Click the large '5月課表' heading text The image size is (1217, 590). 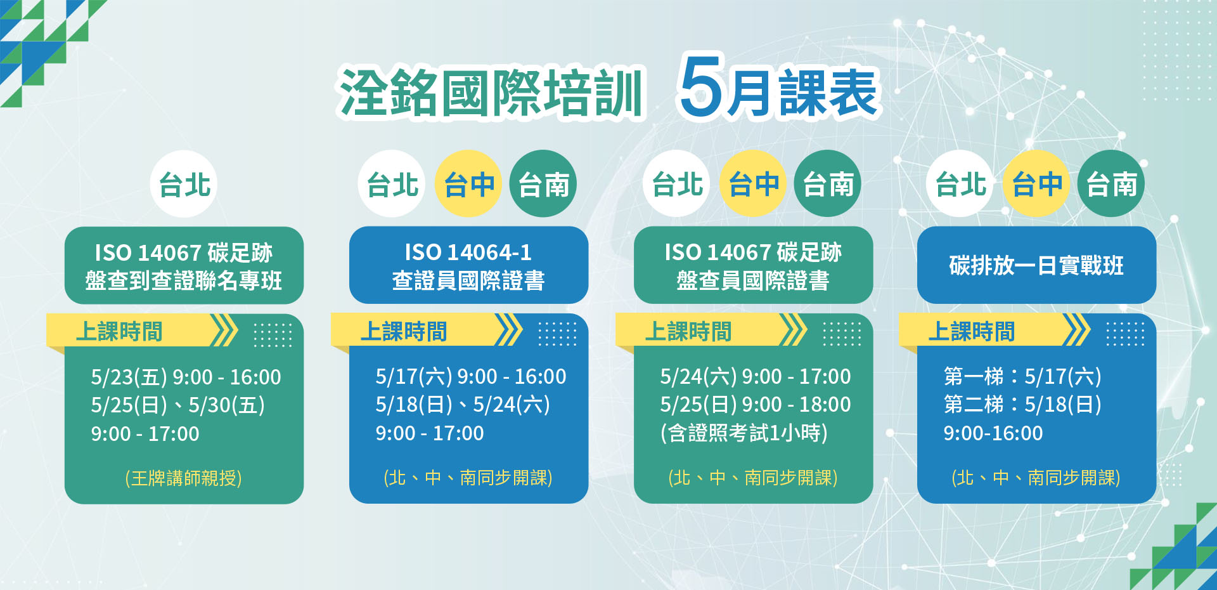click(779, 89)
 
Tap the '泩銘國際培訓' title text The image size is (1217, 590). click(491, 93)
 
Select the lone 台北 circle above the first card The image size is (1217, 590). click(184, 184)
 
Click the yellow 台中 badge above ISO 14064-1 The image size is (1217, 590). click(468, 184)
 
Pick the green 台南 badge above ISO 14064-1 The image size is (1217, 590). click(543, 184)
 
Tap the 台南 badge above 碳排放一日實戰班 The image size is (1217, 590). click(1111, 184)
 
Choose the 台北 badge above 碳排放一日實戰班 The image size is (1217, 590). click(960, 184)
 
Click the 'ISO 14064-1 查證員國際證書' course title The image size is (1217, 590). click(468, 266)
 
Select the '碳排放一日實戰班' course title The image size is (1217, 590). click(1036, 265)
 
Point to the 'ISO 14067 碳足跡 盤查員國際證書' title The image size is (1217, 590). click(753, 266)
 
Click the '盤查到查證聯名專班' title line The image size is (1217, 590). click(184, 280)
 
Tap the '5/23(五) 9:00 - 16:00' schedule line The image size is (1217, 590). click(186, 377)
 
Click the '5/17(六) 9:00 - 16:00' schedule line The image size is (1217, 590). click(470, 376)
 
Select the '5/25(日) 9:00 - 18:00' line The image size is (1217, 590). click(755, 404)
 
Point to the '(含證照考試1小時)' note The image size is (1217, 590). click(744, 433)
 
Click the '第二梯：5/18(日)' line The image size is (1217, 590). click(1022, 404)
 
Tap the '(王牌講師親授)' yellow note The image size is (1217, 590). click(183, 478)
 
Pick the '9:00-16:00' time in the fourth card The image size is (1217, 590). click(993, 433)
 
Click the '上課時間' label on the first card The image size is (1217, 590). click(119, 331)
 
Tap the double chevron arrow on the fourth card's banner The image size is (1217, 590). click(1076, 330)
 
